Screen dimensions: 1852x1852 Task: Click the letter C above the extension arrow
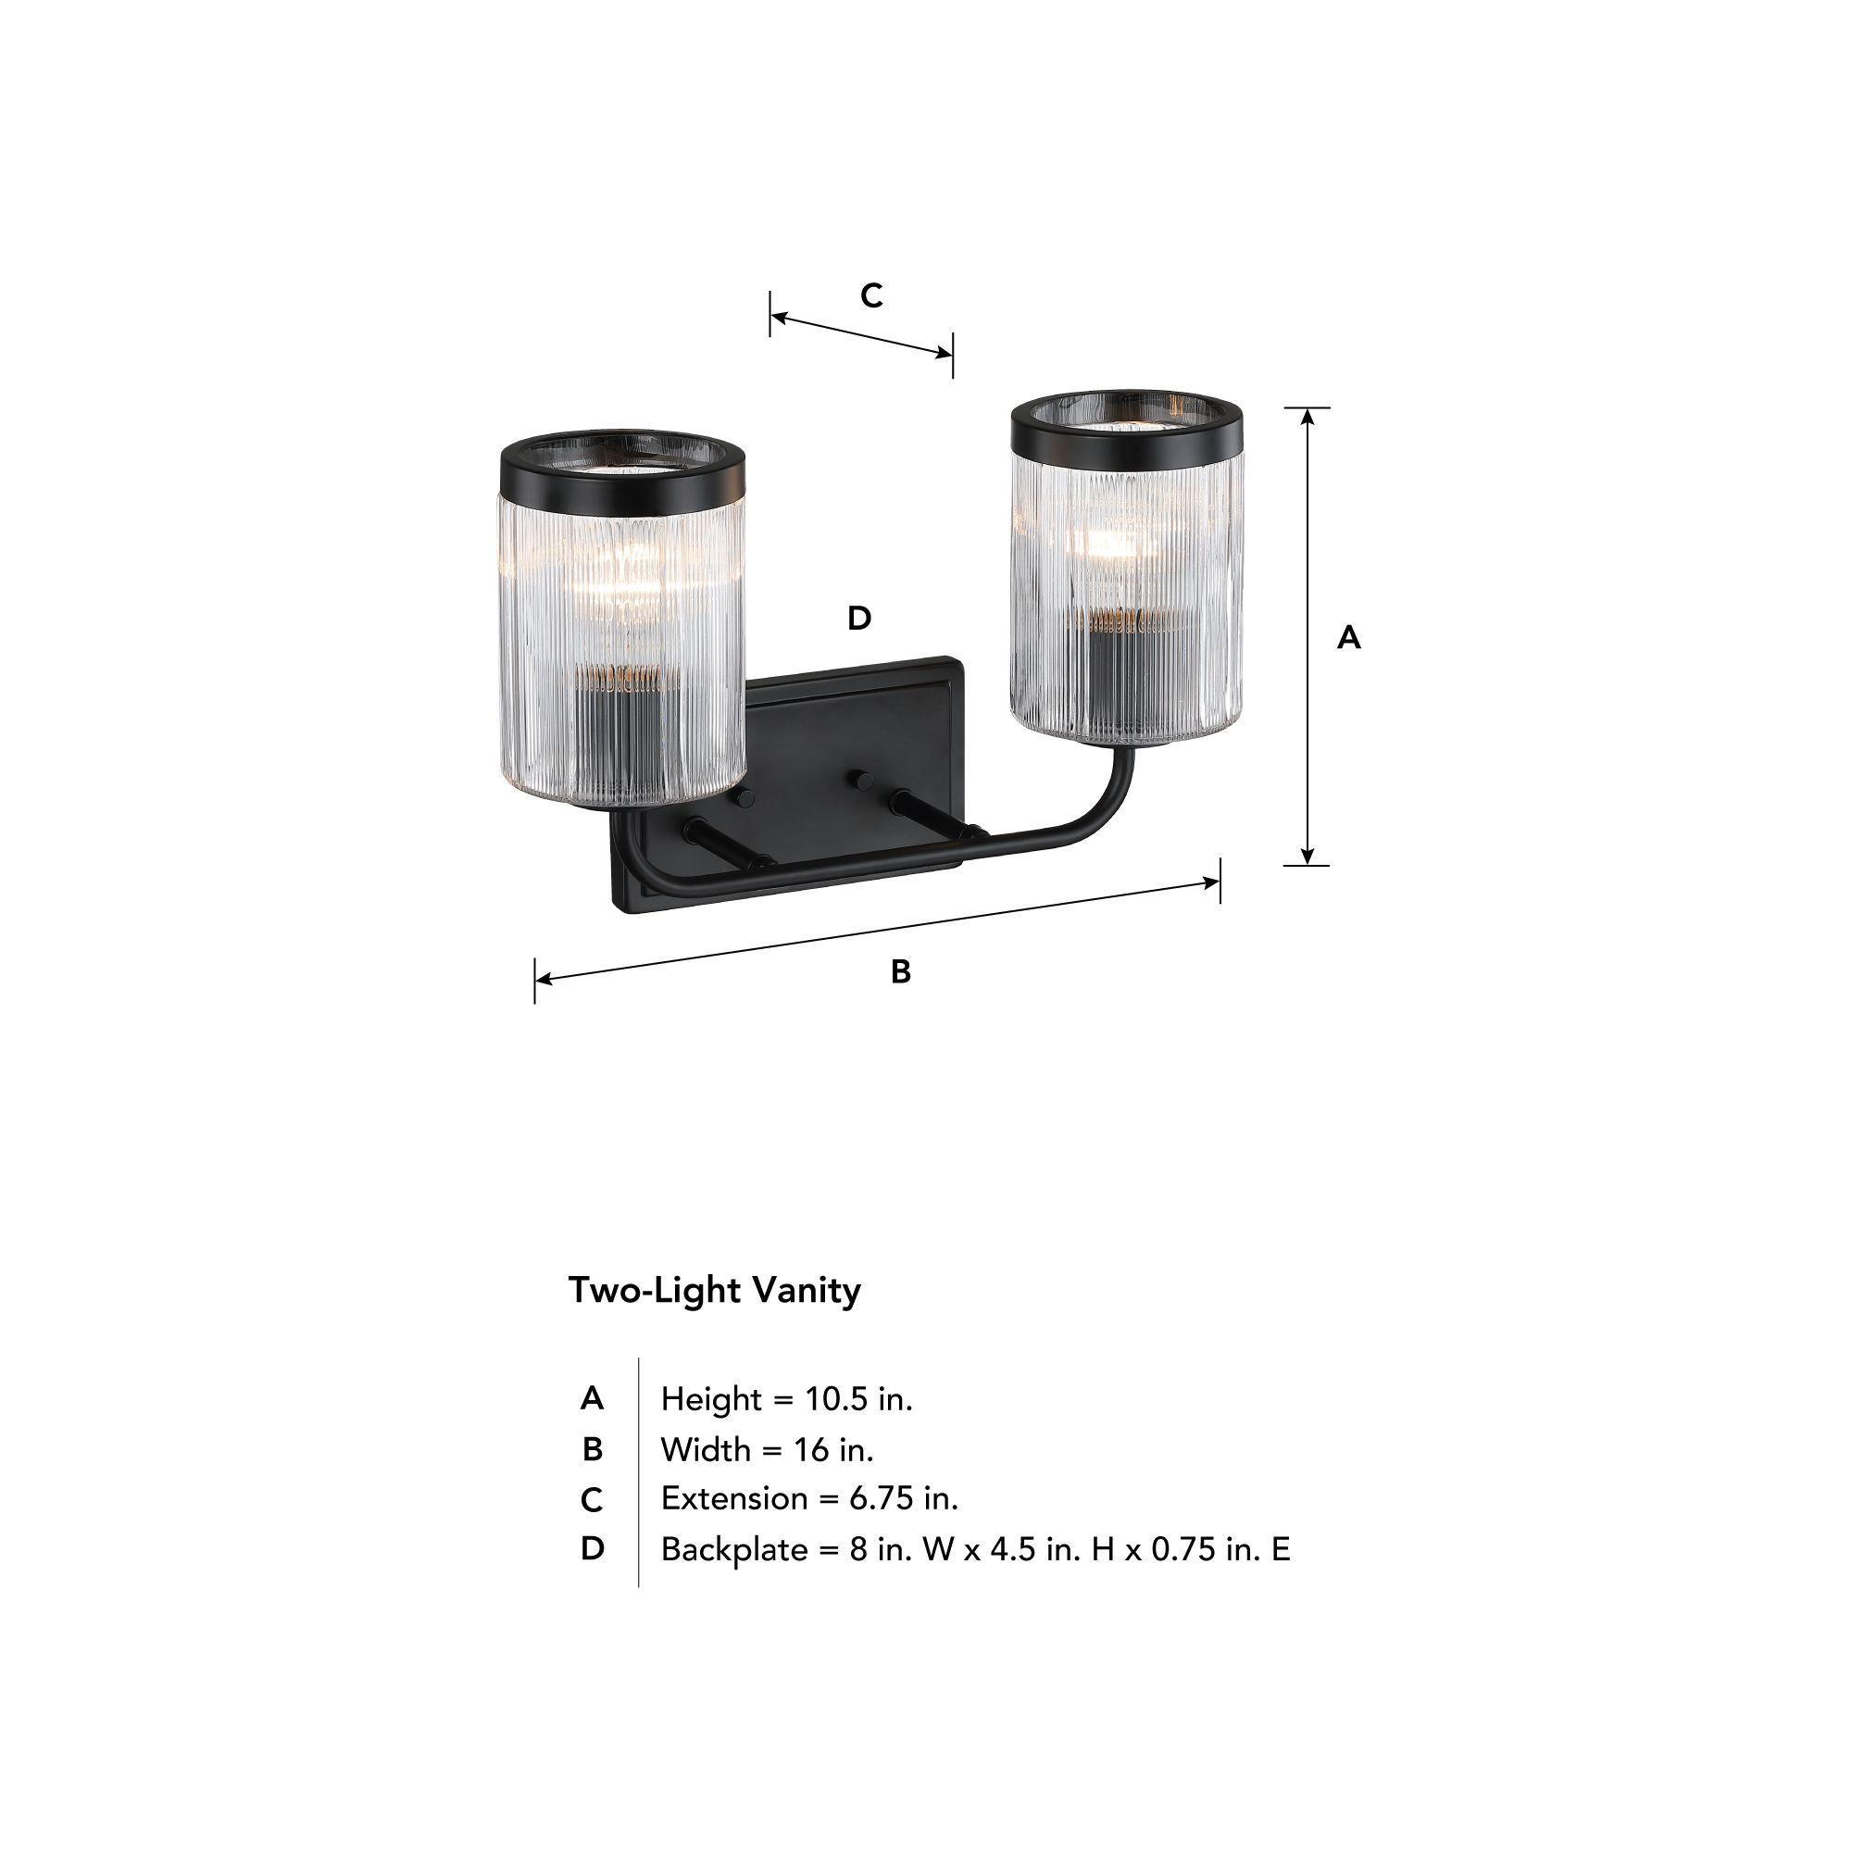pos(870,295)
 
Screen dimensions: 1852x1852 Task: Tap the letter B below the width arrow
pos(900,972)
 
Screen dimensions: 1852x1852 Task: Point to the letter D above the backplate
pos(859,619)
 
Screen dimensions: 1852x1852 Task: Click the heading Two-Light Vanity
pos(714,1290)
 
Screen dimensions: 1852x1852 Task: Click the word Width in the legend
pos(705,1449)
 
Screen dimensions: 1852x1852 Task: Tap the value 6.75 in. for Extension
pos(903,1498)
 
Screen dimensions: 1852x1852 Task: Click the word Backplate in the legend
pos(733,1549)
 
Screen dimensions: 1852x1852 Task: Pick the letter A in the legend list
pos(592,1399)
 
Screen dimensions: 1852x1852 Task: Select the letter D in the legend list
pos(593,1549)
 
